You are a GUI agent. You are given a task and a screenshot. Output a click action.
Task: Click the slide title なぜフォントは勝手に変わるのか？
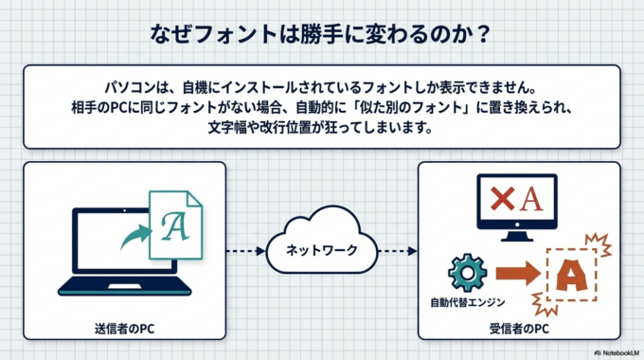(x=321, y=34)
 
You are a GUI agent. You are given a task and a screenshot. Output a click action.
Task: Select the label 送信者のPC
(x=123, y=329)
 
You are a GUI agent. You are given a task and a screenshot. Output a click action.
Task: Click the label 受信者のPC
(x=519, y=329)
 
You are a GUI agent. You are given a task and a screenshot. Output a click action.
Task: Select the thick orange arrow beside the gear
(x=514, y=273)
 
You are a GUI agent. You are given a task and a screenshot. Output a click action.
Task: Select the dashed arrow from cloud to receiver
(x=397, y=251)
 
